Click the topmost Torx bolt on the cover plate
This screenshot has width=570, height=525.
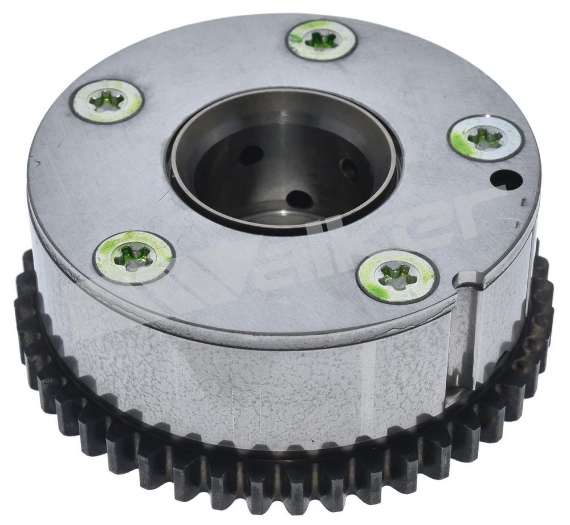point(321,40)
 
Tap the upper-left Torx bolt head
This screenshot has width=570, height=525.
point(107,101)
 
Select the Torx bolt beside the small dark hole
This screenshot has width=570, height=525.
point(486,138)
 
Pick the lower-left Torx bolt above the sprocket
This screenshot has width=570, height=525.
point(134,257)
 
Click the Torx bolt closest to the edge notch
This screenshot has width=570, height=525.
point(397,276)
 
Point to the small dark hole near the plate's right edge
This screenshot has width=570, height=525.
point(506,180)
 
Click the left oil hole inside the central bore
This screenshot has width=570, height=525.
point(251,155)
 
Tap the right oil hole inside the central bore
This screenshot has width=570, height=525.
point(348,169)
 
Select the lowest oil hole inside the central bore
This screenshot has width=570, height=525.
point(299,200)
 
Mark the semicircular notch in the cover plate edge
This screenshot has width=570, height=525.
point(467,279)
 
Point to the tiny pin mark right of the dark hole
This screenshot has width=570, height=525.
point(524,201)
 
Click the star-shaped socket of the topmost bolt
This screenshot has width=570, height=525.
point(321,40)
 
